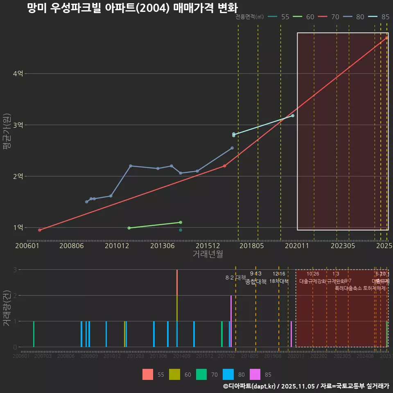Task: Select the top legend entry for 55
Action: [280, 17]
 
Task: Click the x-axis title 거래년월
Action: [208, 254]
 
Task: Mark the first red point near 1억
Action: [40, 230]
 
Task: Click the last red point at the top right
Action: [386, 38]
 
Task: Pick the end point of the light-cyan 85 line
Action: [293, 116]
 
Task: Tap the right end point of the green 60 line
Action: [181, 222]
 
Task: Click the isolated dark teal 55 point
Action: [181, 230]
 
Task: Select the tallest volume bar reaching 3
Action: [177, 282]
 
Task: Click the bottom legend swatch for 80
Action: [228, 374]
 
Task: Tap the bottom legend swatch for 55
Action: [148, 374]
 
